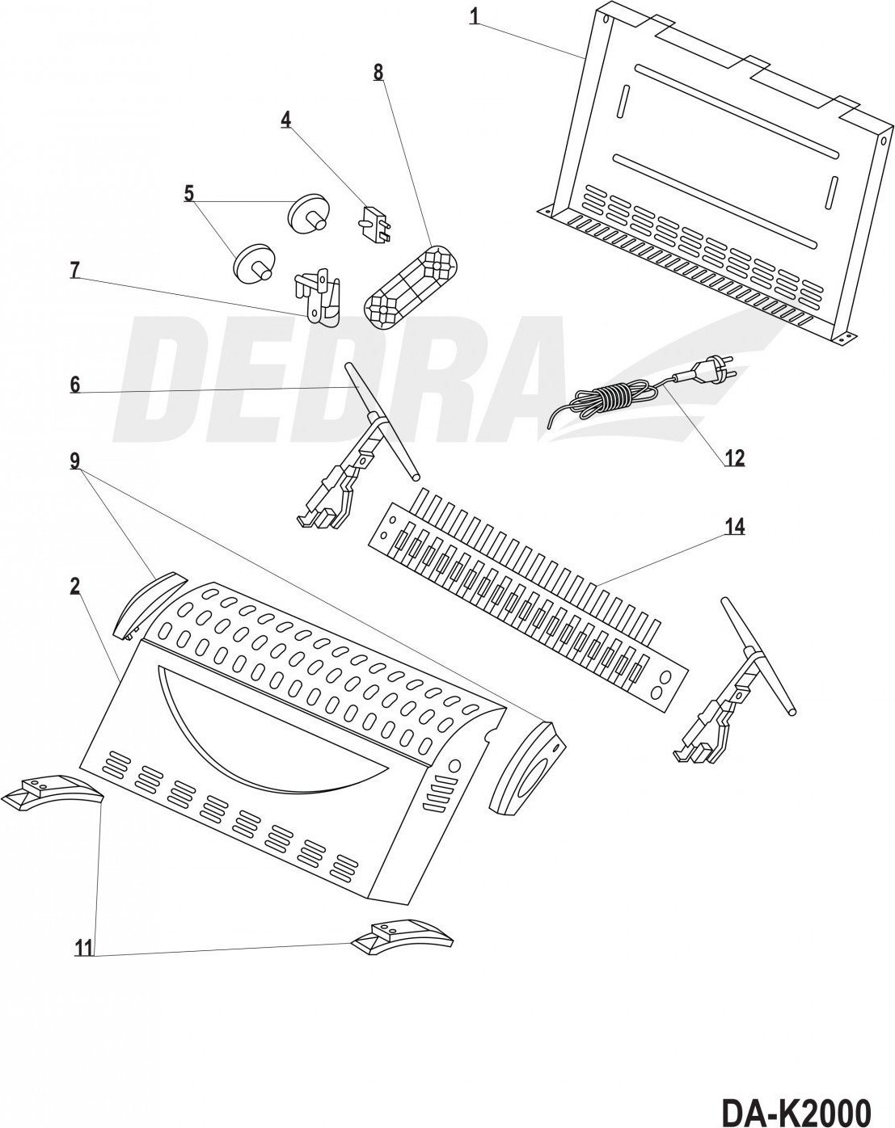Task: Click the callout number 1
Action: (x=474, y=16)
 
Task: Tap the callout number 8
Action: (x=378, y=72)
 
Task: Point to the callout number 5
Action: (x=189, y=193)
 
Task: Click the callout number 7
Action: (x=75, y=270)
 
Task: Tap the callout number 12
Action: (x=734, y=457)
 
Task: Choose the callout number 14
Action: (x=734, y=527)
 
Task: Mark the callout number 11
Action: (x=84, y=948)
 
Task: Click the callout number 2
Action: (x=75, y=587)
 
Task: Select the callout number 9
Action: (x=75, y=461)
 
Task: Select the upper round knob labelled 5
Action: (x=310, y=214)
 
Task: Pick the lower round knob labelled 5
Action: (x=253, y=264)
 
